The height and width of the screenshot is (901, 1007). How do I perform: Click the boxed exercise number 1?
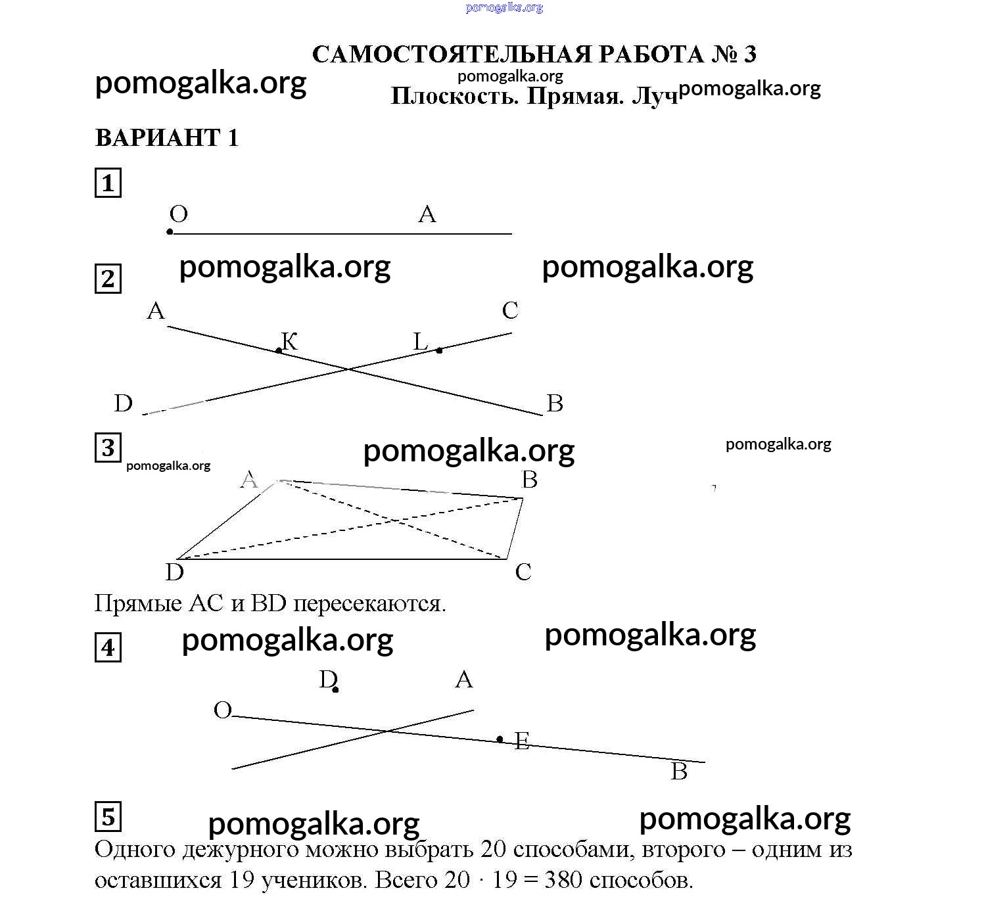point(108,183)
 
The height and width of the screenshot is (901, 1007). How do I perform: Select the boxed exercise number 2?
point(108,279)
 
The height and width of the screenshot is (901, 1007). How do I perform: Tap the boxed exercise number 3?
point(108,448)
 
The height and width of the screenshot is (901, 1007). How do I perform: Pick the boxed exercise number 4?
point(108,648)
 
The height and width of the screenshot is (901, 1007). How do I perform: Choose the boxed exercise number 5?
point(108,817)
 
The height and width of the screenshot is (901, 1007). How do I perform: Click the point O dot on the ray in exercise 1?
point(170,232)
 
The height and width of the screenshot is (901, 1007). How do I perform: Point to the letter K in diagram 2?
point(290,341)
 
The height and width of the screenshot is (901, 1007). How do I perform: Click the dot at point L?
point(439,350)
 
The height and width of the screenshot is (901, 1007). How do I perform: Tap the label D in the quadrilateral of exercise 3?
point(175,572)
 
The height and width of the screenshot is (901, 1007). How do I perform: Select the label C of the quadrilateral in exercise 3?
point(523,572)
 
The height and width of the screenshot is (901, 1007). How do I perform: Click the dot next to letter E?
point(500,739)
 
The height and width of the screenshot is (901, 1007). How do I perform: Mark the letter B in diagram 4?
point(679,772)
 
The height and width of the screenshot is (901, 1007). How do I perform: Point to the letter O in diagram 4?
point(223,710)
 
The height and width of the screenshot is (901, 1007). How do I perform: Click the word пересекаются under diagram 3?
point(369,603)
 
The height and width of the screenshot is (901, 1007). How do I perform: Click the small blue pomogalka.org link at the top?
point(504,8)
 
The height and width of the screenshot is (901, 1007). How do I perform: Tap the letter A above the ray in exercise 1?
point(427,214)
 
